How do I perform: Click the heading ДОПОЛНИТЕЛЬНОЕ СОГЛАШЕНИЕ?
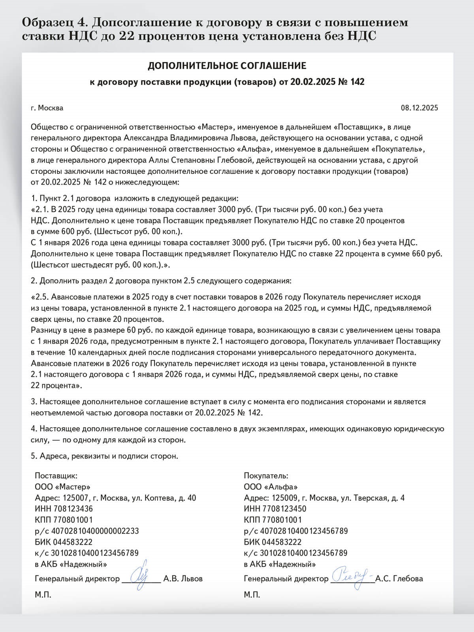point(227,66)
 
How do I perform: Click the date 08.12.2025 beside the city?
point(419,108)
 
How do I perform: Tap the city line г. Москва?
point(47,108)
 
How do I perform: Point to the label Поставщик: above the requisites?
point(56,475)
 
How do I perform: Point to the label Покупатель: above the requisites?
point(266,475)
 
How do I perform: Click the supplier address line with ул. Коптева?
point(115,498)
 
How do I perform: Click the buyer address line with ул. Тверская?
point(324,498)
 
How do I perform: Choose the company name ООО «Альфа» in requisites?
point(271,487)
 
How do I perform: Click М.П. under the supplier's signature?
point(43,594)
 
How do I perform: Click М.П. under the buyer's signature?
point(252,594)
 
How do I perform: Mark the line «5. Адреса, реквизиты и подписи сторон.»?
point(105,456)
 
